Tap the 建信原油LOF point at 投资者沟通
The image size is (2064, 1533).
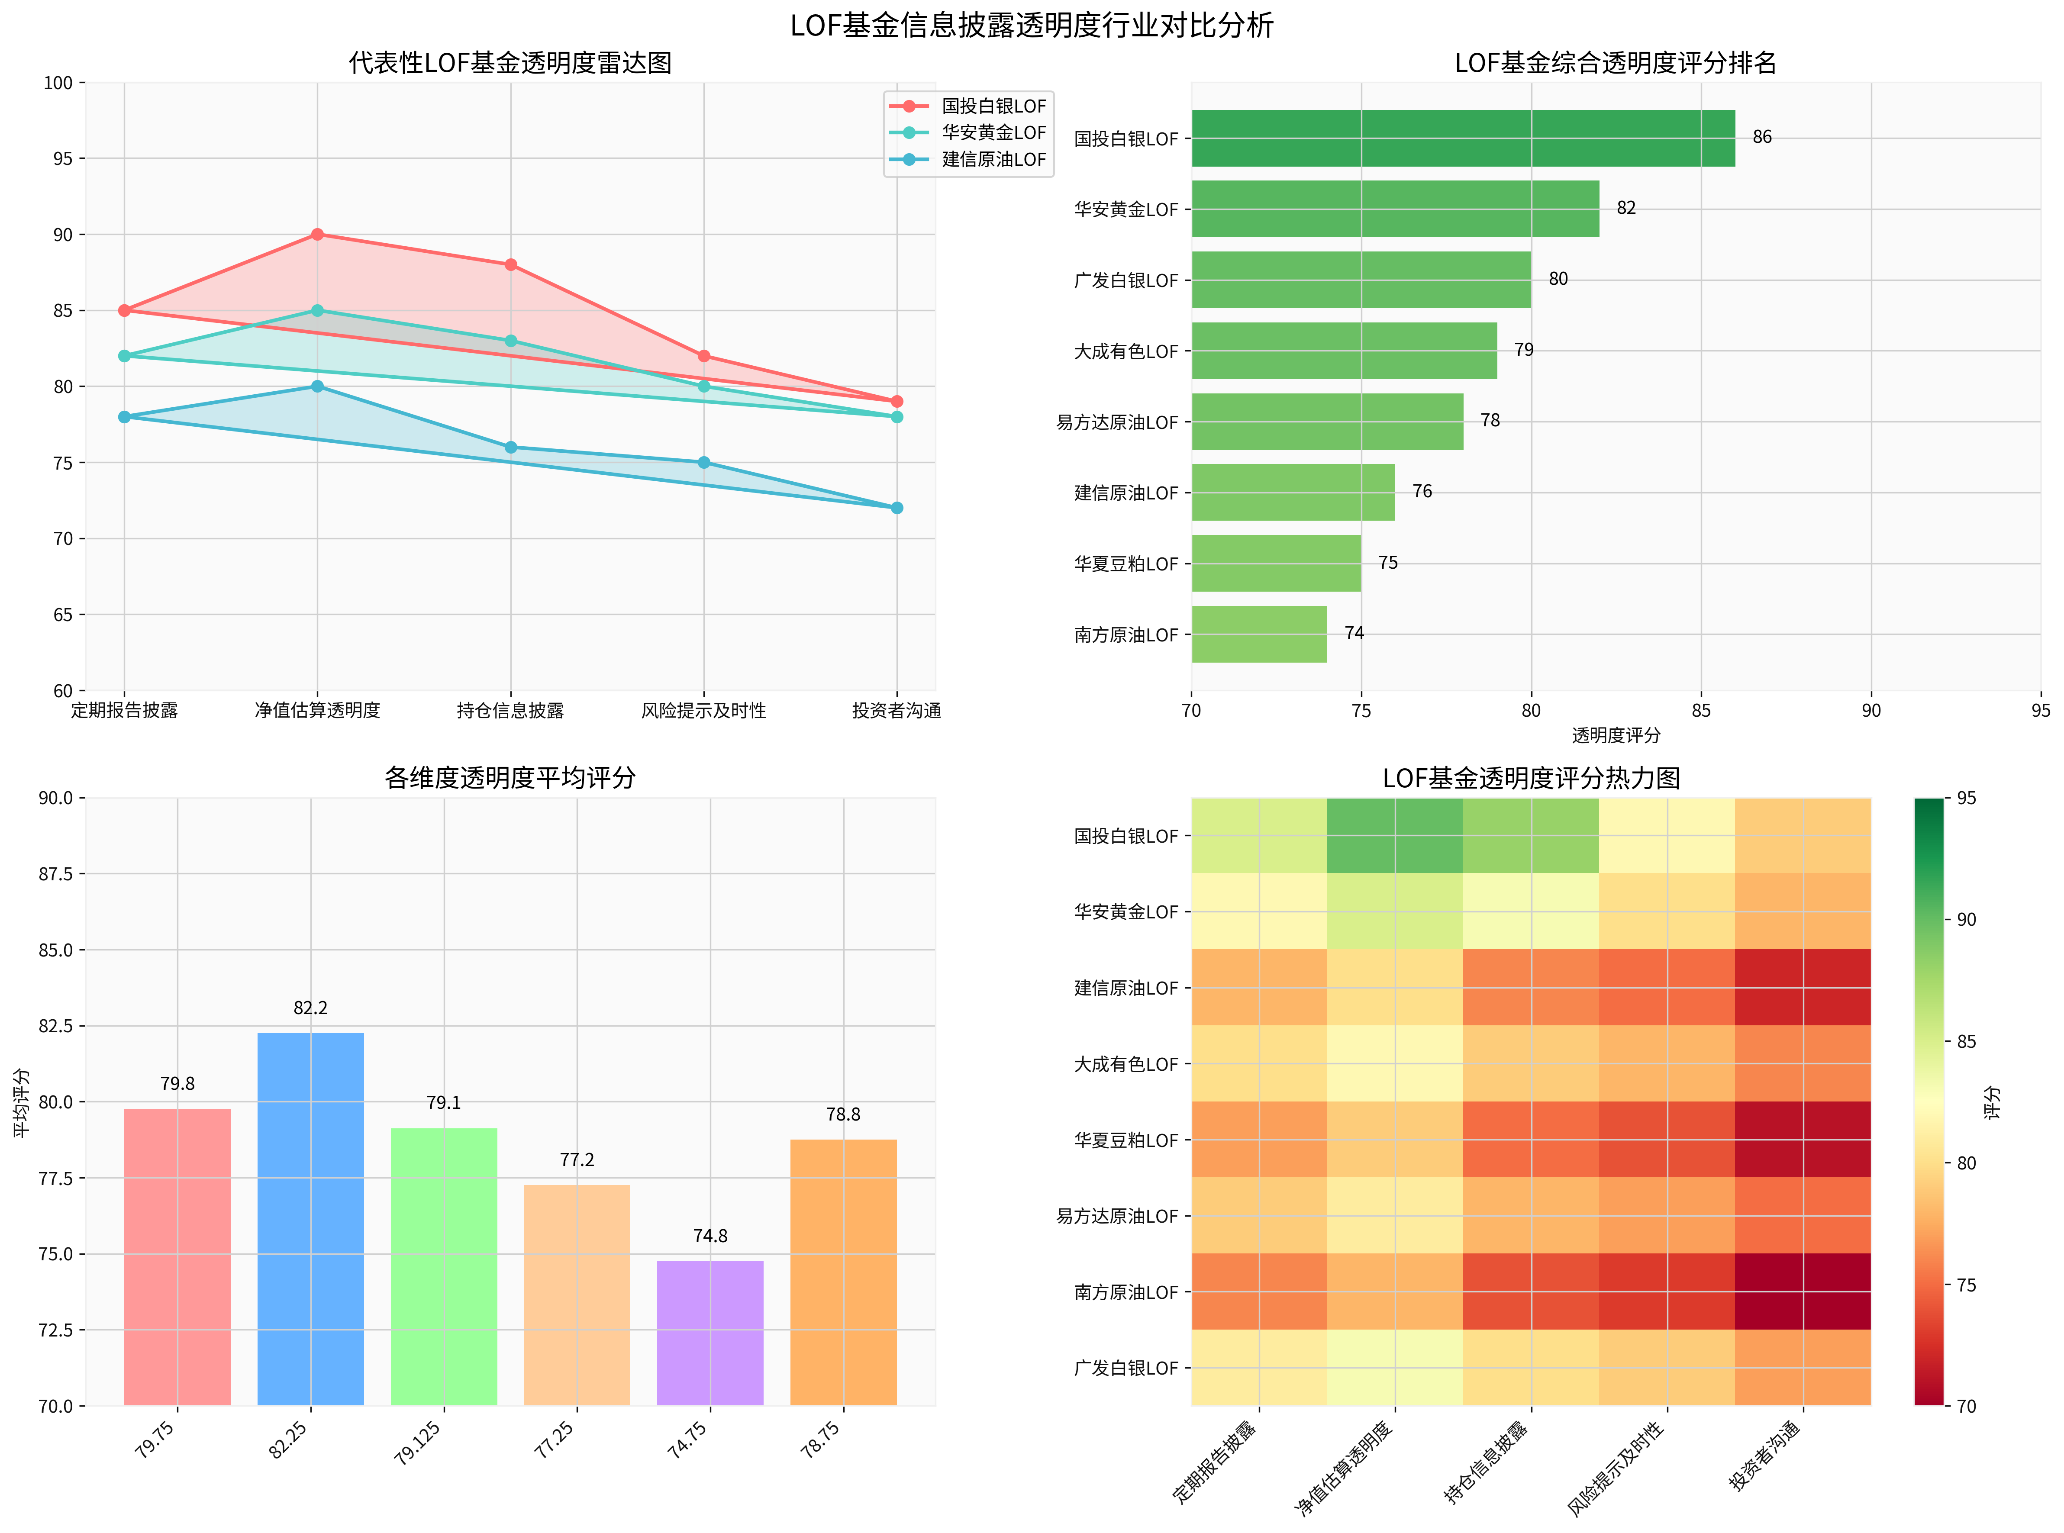point(897,508)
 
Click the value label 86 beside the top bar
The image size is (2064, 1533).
point(1761,137)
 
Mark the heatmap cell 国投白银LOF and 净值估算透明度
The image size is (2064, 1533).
point(1395,835)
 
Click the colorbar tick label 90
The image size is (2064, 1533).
point(1966,920)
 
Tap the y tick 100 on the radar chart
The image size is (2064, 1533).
point(58,83)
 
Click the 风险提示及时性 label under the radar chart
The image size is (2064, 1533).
point(703,711)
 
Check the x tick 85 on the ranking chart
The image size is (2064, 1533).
point(1701,711)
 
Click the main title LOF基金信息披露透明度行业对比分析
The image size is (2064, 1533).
point(1031,25)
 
